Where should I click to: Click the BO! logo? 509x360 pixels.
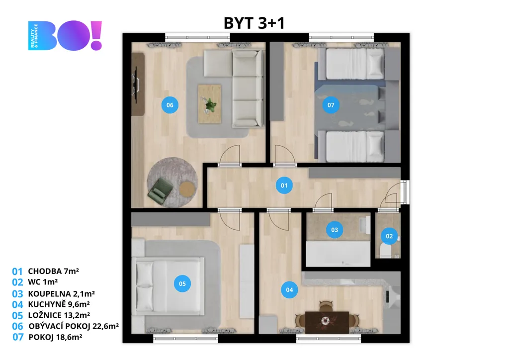click(65, 35)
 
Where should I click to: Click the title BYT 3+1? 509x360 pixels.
click(254, 23)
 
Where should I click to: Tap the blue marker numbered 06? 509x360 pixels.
click(170, 105)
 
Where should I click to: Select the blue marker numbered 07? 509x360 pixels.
click(331, 105)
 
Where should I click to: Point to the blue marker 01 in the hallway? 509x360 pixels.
click(284, 185)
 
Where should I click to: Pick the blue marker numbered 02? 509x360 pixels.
click(389, 236)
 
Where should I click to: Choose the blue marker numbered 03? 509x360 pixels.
click(335, 230)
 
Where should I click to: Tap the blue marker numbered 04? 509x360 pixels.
click(289, 290)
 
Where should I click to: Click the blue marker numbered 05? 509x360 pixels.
click(182, 283)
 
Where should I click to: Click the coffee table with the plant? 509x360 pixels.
click(209, 104)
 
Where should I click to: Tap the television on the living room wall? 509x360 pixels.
click(135, 84)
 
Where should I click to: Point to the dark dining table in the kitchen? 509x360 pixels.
click(327, 322)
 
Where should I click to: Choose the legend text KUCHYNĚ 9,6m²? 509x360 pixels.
click(59, 304)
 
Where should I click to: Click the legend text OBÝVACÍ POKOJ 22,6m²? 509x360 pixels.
click(74, 326)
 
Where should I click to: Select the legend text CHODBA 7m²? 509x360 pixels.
click(53, 271)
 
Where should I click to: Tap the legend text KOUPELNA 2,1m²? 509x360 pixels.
click(61, 293)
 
